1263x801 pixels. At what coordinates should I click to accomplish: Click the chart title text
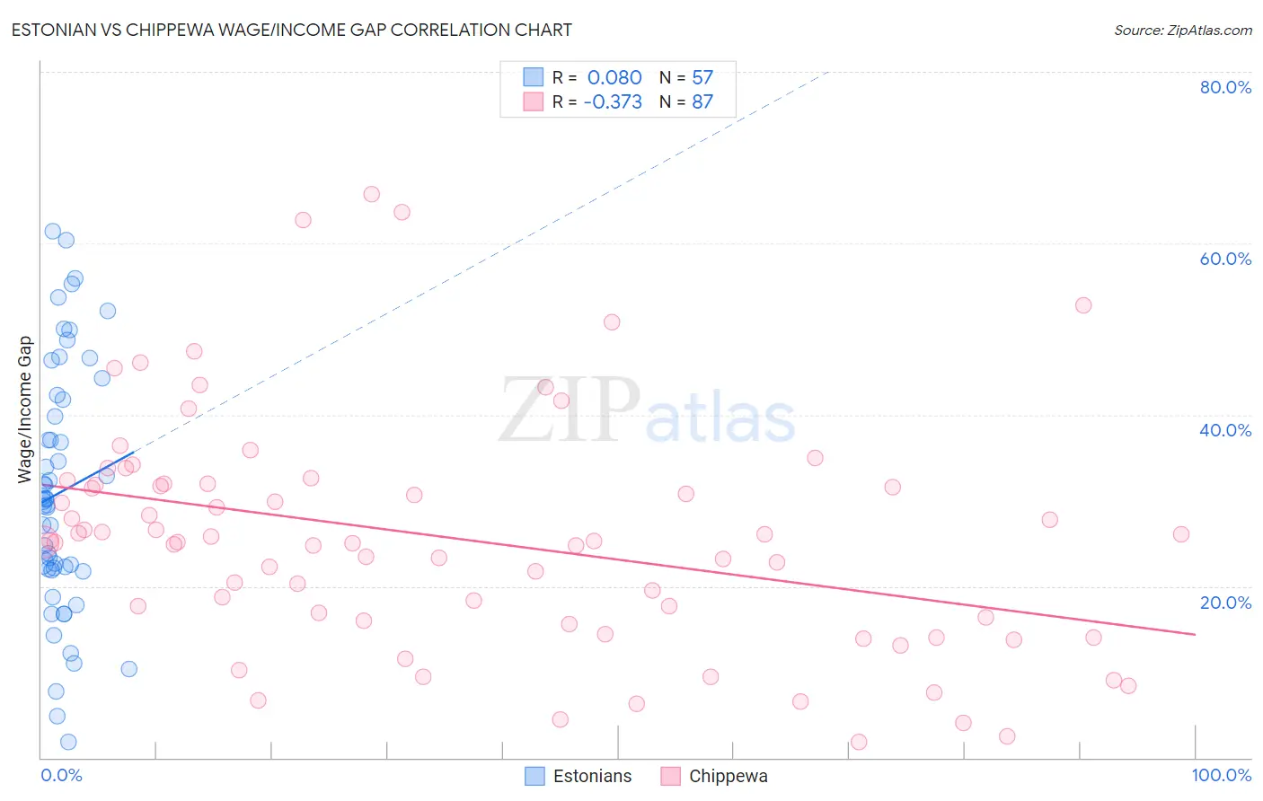pos(291,30)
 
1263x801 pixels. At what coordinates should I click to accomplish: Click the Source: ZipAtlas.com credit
pos(1182,30)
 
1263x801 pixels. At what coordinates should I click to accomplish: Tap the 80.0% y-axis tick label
pos(1225,87)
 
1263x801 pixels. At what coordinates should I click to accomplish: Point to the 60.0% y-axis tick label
pos(1225,259)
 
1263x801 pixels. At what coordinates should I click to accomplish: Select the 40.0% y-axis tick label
pos(1225,430)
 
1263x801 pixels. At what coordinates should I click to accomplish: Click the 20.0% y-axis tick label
pos(1225,603)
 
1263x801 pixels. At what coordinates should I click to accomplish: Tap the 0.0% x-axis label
pos(61,775)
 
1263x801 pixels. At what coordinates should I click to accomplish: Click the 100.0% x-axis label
pos(1221,775)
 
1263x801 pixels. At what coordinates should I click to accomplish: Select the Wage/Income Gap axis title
pos(25,409)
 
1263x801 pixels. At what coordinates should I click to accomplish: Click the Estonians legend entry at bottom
pos(579,776)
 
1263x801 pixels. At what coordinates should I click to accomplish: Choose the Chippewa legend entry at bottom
pos(715,776)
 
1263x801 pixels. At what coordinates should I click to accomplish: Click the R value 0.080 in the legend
pos(614,77)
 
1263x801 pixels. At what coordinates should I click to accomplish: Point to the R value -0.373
pos(613,101)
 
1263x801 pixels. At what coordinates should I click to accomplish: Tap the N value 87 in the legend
pos(702,101)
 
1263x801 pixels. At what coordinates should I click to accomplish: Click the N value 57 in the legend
pos(702,77)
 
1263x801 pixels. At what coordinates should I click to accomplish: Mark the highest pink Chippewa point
pos(371,194)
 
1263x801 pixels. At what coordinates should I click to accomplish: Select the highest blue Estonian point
pos(53,232)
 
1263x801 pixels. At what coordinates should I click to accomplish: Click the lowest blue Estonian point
pos(68,742)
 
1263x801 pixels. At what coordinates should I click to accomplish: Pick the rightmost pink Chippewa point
pos(1181,534)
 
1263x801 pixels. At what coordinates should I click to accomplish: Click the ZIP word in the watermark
pos(570,411)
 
